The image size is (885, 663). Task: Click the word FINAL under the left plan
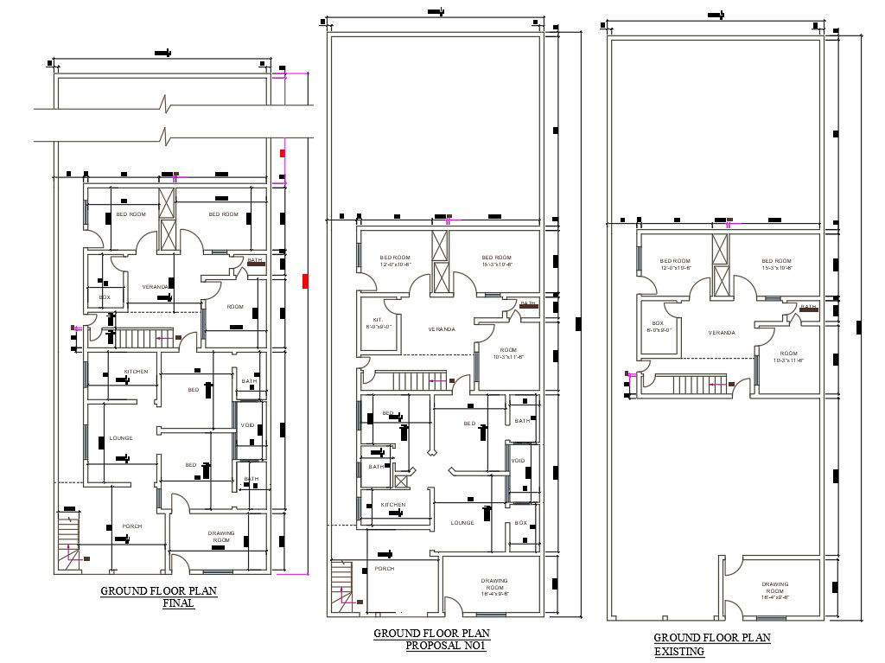pyautogui.click(x=179, y=604)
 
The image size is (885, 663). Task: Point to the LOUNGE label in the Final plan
pyautogui.click(x=121, y=438)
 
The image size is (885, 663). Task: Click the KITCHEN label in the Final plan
pyautogui.click(x=136, y=372)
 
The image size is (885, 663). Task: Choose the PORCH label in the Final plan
pyautogui.click(x=131, y=526)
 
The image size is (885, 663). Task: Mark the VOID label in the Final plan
pyautogui.click(x=248, y=425)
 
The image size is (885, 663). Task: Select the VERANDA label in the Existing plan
pyautogui.click(x=722, y=333)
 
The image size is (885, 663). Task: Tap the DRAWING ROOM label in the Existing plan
pyautogui.click(x=774, y=590)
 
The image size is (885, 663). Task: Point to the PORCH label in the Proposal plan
pyautogui.click(x=384, y=569)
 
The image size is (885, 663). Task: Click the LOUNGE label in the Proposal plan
pyautogui.click(x=462, y=523)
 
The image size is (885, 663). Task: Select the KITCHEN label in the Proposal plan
pyautogui.click(x=393, y=504)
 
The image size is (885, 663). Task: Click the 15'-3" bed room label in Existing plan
pyautogui.click(x=776, y=264)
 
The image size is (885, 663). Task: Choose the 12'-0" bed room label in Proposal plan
pyautogui.click(x=395, y=261)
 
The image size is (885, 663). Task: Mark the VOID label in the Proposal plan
pyautogui.click(x=519, y=461)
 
